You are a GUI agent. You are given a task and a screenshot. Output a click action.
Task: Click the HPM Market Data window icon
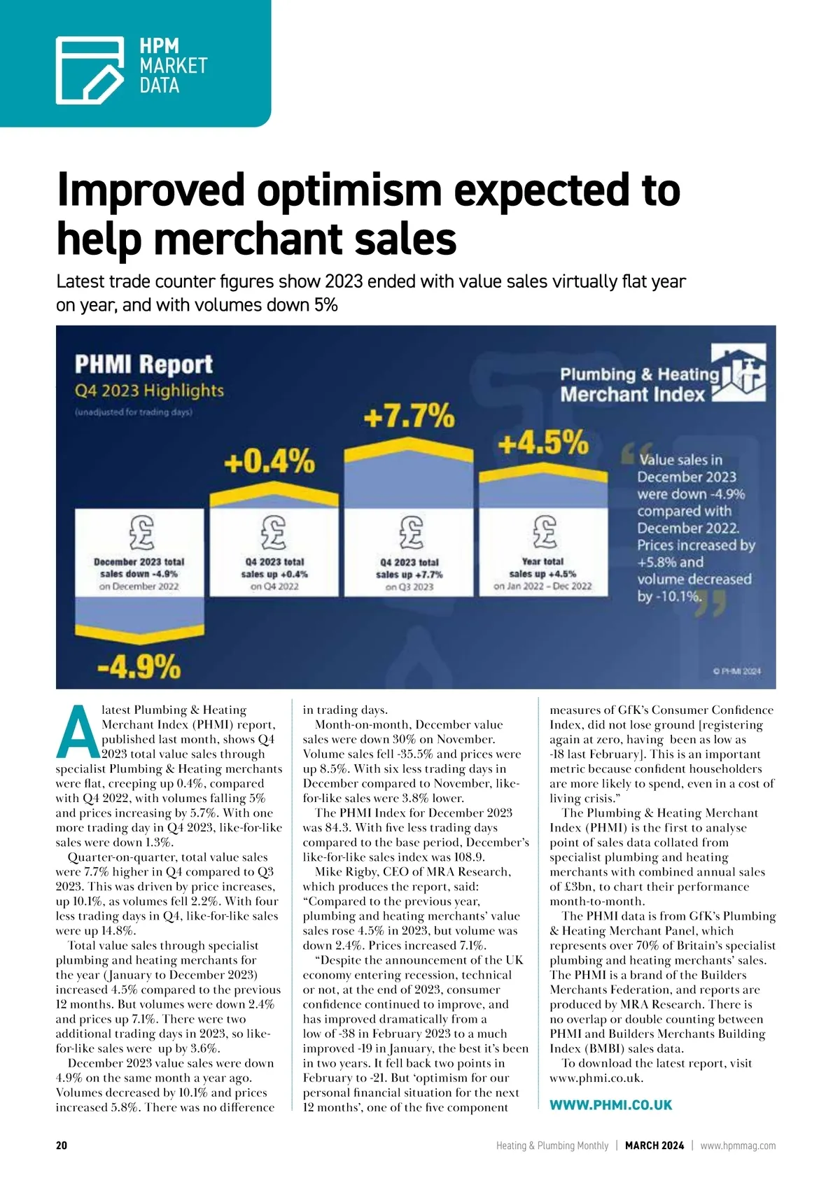[x=90, y=70]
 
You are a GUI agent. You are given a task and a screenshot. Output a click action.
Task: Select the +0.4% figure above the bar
[x=269, y=462]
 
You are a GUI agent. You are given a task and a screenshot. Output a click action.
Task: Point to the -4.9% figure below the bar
[x=139, y=666]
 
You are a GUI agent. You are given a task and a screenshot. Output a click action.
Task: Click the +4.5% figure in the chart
[x=543, y=443]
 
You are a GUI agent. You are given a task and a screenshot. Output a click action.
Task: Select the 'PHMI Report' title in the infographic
[x=143, y=365]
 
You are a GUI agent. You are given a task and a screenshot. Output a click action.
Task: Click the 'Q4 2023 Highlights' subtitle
[x=149, y=391]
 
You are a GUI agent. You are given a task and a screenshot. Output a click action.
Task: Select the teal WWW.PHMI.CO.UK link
[x=610, y=1105]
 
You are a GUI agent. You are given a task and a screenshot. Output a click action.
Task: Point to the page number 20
[x=62, y=1146]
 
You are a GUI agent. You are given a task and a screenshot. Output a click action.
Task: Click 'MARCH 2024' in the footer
[x=654, y=1146]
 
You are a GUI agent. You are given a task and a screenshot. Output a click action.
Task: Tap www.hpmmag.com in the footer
[x=738, y=1146]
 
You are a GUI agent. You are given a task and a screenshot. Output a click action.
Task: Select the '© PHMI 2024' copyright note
[x=736, y=670]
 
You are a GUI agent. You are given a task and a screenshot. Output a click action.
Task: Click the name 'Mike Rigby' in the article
[x=342, y=872]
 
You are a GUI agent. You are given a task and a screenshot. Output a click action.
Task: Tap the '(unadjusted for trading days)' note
[x=133, y=412]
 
